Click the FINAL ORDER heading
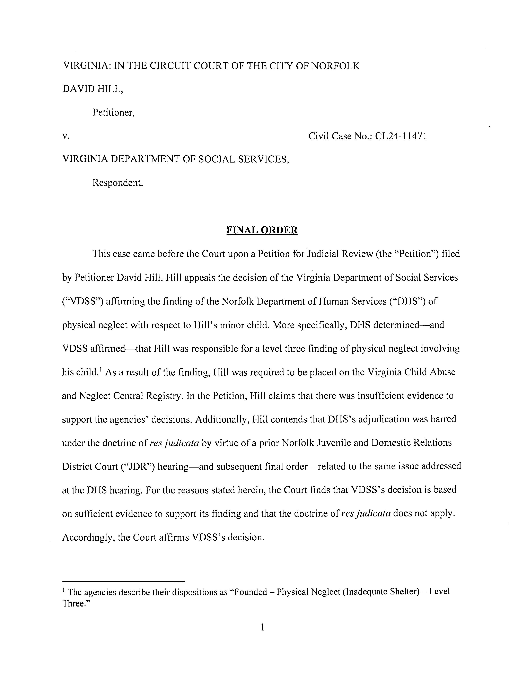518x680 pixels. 262,230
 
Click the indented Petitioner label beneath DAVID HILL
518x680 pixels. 113,113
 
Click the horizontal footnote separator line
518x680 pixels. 123,581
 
